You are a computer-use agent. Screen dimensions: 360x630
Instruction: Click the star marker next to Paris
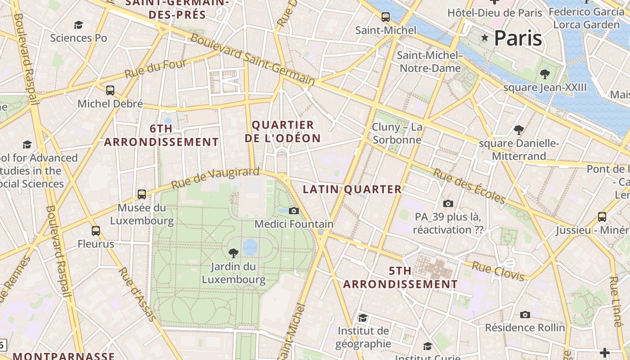pos(485,38)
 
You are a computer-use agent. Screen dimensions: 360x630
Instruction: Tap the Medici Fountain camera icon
pos(294,211)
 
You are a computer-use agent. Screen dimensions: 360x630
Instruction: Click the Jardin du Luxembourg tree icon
pos(234,253)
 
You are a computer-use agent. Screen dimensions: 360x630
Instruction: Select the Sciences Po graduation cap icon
pos(79,25)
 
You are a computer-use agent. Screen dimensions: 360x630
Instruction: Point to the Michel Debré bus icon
pos(110,90)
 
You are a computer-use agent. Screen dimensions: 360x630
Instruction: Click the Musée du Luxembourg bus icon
pos(142,194)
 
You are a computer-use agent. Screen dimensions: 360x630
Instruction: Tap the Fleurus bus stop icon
pos(96,231)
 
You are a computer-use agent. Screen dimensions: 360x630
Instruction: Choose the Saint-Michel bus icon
pos(386,17)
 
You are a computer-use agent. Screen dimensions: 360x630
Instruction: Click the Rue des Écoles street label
pos(469,186)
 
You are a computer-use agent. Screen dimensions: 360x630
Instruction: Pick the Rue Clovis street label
pos(498,271)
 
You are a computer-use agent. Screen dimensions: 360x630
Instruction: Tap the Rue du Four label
pos(155,68)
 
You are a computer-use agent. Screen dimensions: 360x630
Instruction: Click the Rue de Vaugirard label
pos(216,178)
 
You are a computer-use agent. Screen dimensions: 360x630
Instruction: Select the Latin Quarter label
pos(352,189)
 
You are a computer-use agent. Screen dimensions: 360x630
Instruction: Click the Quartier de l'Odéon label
pos(283,131)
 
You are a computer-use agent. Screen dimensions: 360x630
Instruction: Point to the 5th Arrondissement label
pos(400,278)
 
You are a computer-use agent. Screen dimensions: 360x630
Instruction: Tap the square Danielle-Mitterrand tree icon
pos(518,130)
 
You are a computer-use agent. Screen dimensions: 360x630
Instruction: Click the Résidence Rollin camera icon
pos(525,315)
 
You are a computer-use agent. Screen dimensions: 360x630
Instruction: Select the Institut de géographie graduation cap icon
pos(363,318)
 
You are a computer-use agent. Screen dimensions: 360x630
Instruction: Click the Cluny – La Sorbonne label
pos(397,133)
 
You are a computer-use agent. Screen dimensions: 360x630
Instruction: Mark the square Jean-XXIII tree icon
pos(545,74)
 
